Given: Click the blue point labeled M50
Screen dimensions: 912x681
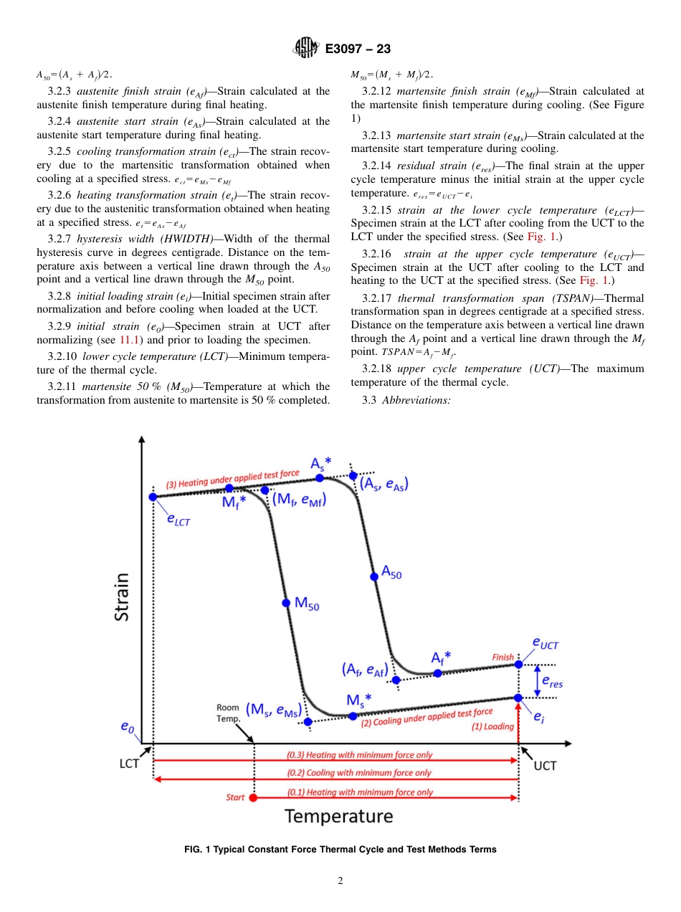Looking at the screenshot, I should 285,602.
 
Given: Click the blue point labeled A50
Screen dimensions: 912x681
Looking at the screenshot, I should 373,576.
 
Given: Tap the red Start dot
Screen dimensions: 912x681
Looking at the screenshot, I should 253,797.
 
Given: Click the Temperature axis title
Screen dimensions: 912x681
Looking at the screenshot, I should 339,816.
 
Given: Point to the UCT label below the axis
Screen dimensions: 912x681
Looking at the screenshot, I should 545,766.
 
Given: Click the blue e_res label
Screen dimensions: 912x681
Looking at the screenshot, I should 551,683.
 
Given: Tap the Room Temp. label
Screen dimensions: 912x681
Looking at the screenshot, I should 228,713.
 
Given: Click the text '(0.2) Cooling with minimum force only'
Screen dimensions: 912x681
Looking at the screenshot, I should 359,773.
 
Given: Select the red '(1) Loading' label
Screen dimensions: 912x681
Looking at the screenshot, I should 492,726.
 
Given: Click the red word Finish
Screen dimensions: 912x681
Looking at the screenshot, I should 503,657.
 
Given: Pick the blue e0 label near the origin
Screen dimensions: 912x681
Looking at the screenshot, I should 127,728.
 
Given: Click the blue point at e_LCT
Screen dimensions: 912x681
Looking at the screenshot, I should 153,496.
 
